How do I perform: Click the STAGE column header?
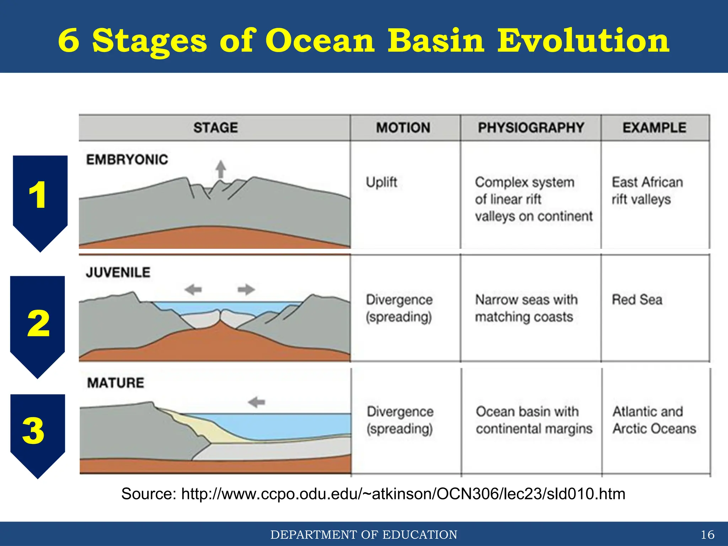[x=215, y=128]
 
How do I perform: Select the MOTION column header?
[x=403, y=128]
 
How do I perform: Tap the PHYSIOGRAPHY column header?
[x=531, y=128]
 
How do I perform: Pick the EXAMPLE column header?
[x=654, y=128]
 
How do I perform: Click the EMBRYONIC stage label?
[x=127, y=160]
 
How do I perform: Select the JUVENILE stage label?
[x=118, y=273]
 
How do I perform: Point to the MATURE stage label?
[x=116, y=383]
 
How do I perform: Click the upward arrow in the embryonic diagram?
[x=221, y=169]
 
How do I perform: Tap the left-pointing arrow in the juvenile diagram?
[x=193, y=289]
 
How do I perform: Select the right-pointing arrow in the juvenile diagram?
[x=246, y=289]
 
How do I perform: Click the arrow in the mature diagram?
[x=257, y=402]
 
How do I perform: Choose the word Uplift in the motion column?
[x=381, y=182]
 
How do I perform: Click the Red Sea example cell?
[x=637, y=300]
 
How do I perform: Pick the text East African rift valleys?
[x=647, y=191]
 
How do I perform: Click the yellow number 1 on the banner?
[x=37, y=195]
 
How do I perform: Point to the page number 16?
[x=707, y=534]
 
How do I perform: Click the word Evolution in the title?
[x=583, y=41]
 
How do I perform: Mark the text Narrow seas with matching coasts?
[x=526, y=308]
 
